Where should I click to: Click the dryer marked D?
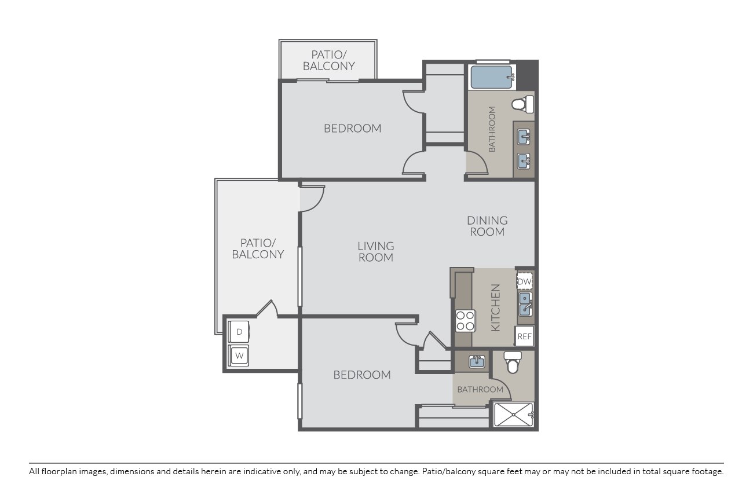[x=239, y=332]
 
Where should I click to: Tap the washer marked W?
[x=239, y=356]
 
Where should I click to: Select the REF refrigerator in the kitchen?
[x=524, y=336]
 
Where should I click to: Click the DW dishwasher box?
[x=524, y=281]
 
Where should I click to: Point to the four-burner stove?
[x=465, y=320]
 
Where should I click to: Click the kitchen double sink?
[x=525, y=304]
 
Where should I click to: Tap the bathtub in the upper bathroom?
[x=492, y=77]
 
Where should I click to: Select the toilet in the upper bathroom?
[x=522, y=105]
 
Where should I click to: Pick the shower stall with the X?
[x=513, y=415]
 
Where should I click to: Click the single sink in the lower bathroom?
[x=477, y=362]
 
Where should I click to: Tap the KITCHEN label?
[x=496, y=307]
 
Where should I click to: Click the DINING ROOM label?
[x=487, y=226]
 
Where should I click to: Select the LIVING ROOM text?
[x=375, y=251]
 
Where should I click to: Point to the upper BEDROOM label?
[x=352, y=128]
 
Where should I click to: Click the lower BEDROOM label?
[x=362, y=375]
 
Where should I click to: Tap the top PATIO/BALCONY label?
[x=328, y=60]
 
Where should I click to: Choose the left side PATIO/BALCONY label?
[x=258, y=248]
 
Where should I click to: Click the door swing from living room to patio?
[x=313, y=199]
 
